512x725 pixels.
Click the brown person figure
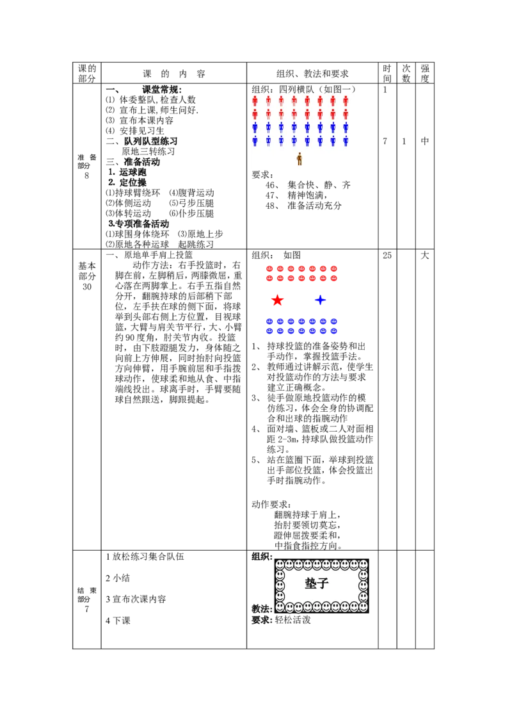(299, 159)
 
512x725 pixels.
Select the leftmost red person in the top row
(255, 101)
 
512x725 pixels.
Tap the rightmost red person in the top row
(346, 101)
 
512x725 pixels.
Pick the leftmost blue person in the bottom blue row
(255, 141)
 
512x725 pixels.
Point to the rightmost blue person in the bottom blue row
(346, 141)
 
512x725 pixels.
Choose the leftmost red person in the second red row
(255, 114)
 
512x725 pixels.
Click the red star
(277, 300)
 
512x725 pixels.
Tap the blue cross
(320, 300)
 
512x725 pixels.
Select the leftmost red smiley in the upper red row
(269, 268)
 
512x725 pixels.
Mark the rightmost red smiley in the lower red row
(333, 278)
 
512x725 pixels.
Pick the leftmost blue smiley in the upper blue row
(269, 322)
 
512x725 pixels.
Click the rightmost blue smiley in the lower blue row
(333, 331)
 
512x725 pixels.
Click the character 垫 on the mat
(311, 583)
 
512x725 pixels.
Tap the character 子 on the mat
(323, 583)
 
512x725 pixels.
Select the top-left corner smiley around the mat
(280, 565)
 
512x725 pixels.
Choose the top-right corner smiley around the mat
(363, 565)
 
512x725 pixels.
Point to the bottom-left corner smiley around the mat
(280, 607)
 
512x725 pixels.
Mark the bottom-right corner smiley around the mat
(363, 607)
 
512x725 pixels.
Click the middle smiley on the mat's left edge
(280, 585)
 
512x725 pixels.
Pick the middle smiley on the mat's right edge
(363, 585)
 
